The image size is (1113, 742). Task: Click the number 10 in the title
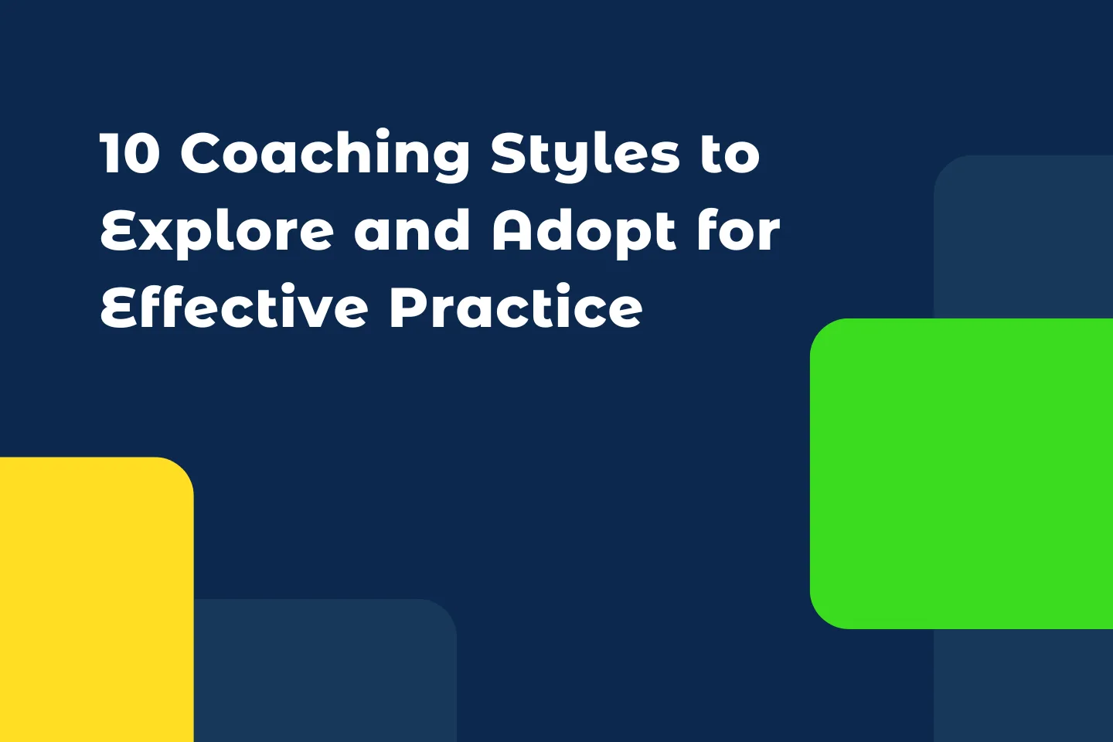(x=130, y=153)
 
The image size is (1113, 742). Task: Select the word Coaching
(x=325, y=155)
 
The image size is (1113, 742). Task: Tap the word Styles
(x=585, y=155)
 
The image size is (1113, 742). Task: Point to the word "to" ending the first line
(x=730, y=153)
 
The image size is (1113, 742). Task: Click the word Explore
(x=217, y=232)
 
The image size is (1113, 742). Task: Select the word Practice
(x=516, y=308)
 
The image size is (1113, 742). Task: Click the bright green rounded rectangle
(x=962, y=473)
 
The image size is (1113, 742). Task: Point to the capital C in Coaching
(x=203, y=153)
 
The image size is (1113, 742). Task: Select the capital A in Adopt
(x=513, y=230)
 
